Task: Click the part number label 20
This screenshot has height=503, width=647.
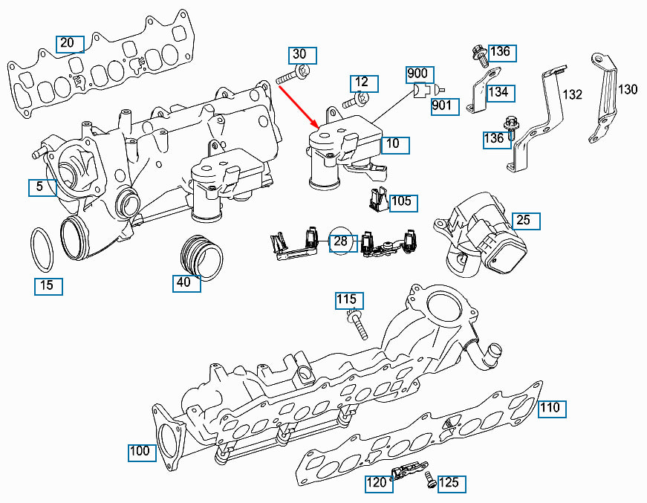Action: click(67, 42)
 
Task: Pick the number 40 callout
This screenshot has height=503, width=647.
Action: click(183, 282)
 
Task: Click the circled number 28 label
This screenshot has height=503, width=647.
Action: click(341, 241)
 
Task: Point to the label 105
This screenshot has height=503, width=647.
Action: click(401, 201)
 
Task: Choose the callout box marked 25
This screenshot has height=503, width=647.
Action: click(524, 221)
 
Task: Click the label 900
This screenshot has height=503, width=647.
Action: click(417, 74)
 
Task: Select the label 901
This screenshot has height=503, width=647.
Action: click(442, 106)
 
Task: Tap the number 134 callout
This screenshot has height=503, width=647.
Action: click(498, 92)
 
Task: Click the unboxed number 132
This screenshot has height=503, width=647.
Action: click(573, 94)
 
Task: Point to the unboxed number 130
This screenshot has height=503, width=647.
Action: click(628, 89)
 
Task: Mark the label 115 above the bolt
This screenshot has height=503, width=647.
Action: click(347, 300)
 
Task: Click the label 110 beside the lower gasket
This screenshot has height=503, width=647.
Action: click(550, 408)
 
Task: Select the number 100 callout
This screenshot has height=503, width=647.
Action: click(140, 451)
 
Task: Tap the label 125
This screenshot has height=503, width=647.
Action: click(449, 483)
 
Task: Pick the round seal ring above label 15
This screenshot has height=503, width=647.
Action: click(42, 250)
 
